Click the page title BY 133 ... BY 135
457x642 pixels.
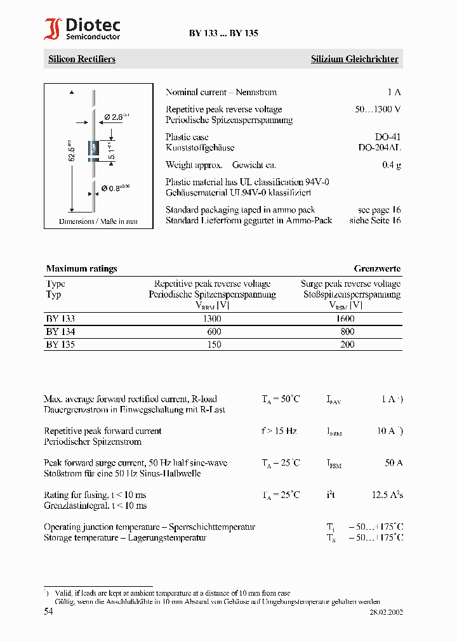[223, 34]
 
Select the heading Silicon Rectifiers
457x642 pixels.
[82, 59]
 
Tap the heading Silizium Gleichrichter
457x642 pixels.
[354, 59]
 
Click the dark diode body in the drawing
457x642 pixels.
[94, 149]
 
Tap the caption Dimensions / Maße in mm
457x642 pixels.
[98, 221]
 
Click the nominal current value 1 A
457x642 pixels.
[394, 92]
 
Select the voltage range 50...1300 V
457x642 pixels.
[378, 109]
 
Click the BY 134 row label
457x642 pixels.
[60, 332]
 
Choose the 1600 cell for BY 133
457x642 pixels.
[345, 318]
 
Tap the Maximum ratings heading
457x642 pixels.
[81, 268]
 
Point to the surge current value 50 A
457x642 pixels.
[393, 463]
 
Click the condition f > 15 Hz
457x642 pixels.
[279, 431]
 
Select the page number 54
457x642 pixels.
[49, 612]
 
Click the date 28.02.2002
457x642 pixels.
[386, 613]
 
